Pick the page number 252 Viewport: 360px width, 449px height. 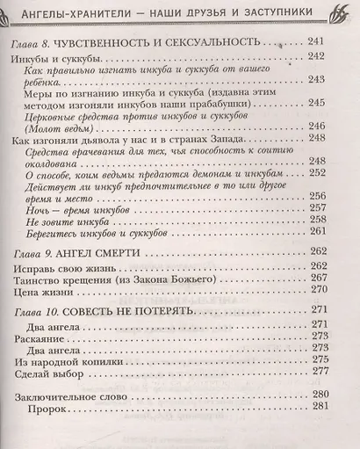pyautogui.click(x=320, y=175)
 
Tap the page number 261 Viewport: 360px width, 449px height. pyautogui.click(x=320, y=231)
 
